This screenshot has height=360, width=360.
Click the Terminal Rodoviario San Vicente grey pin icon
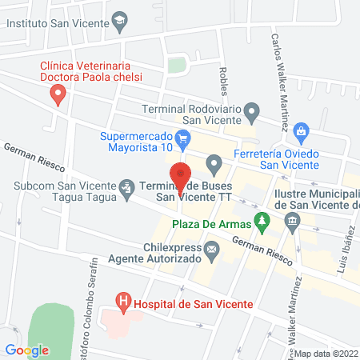(252, 110)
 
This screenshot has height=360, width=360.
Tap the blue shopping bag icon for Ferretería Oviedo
(301, 130)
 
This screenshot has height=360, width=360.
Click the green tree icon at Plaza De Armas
(260, 218)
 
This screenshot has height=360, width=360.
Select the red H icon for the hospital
(123, 302)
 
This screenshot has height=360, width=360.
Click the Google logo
(27, 350)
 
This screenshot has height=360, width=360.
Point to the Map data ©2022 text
(326, 353)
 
